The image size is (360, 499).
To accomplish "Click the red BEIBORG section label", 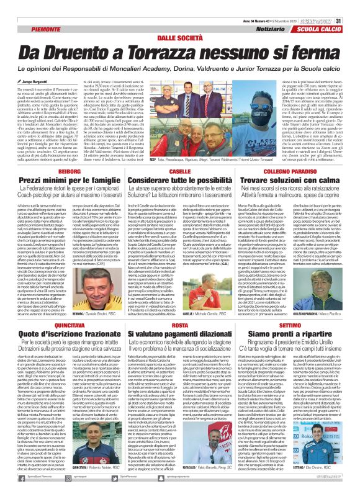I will [58, 171].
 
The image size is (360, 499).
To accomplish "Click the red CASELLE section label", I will [180, 171].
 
